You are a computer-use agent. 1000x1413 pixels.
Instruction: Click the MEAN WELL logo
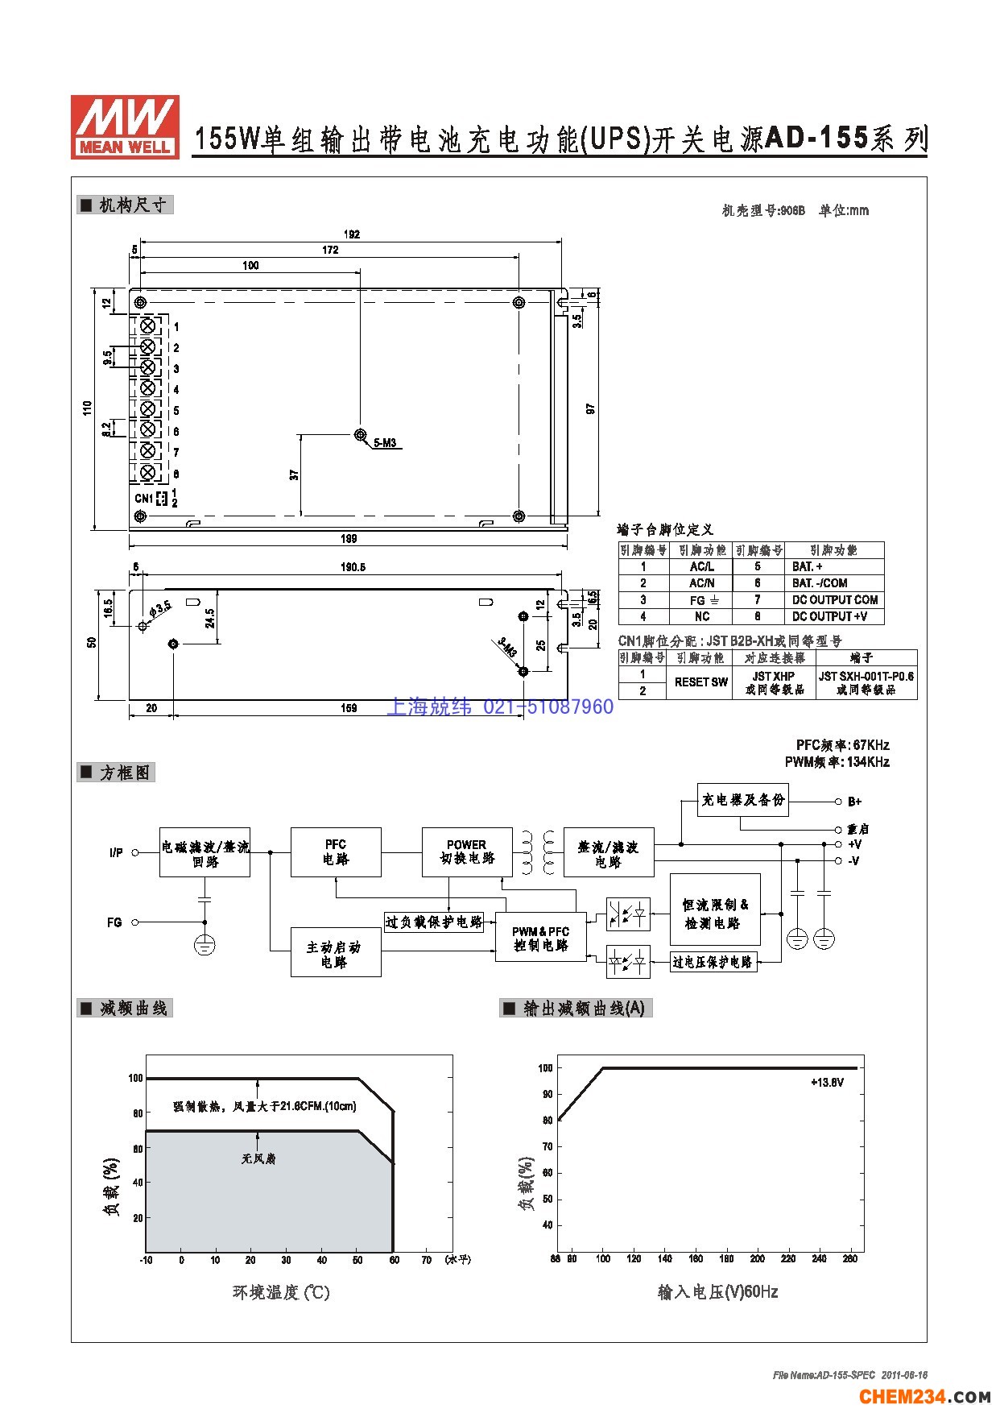[125, 126]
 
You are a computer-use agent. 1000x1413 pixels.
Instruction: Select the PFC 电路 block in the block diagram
[336, 852]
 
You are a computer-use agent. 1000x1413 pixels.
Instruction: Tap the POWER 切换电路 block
[467, 852]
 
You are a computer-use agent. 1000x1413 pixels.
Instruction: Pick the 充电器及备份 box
[742, 800]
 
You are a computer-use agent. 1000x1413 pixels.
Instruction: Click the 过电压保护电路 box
[713, 962]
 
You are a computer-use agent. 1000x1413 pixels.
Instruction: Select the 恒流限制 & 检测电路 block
[715, 914]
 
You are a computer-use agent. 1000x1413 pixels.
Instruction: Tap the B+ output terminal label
[855, 802]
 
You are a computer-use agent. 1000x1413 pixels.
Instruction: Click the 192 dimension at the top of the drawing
[352, 235]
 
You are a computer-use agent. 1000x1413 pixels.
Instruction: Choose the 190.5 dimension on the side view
[352, 567]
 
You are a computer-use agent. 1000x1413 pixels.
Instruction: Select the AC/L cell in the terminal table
[701, 566]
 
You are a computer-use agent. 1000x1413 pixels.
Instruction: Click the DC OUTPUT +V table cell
[834, 616]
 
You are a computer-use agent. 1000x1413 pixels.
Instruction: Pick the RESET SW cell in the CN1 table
[700, 682]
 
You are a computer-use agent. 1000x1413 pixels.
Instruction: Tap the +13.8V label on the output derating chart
[827, 1082]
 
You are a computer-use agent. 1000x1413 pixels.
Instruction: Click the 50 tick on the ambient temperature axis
[357, 1260]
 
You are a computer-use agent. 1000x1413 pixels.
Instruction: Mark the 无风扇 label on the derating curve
[258, 1158]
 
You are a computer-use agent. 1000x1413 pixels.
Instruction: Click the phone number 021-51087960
[548, 707]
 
